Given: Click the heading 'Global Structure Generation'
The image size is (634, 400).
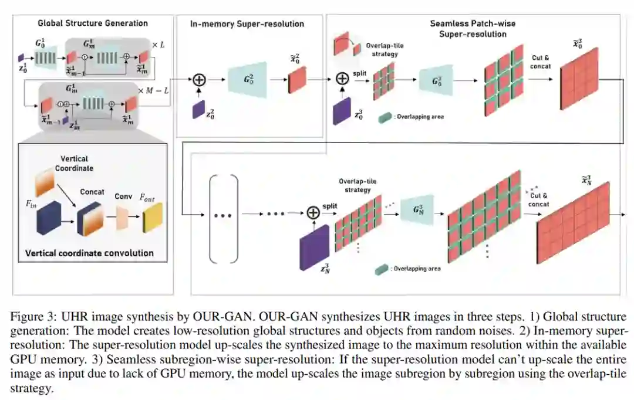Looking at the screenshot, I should [x=93, y=23].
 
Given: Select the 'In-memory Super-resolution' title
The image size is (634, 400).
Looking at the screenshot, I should [x=247, y=24].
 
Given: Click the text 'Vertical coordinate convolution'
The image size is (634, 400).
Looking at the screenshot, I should [x=89, y=253].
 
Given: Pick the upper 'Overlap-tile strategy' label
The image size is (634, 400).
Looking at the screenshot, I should [x=385, y=49].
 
